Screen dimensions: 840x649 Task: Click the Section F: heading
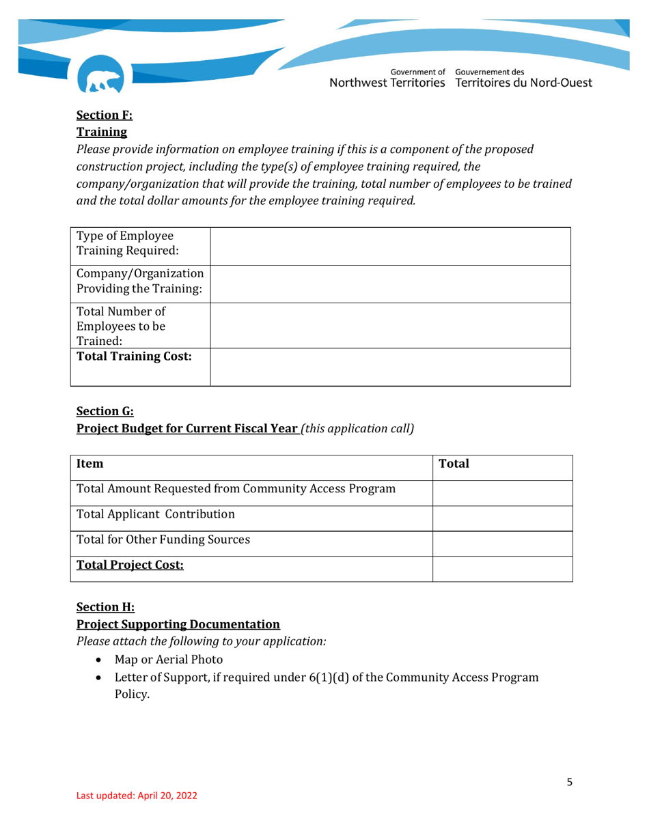pyautogui.click(x=99, y=115)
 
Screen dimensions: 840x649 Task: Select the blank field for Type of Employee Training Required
pyautogui.click(x=389, y=246)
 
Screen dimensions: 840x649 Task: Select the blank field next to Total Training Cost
pyautogui.click(x=389, y=367)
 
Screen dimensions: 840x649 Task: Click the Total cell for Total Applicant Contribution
pyautogui.click(x=503, y=514)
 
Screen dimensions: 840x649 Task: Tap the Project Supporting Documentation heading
pyautogui.click(x=178, y=624)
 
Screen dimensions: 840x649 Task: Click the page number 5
pyautogui.click(x=569, y=783)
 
